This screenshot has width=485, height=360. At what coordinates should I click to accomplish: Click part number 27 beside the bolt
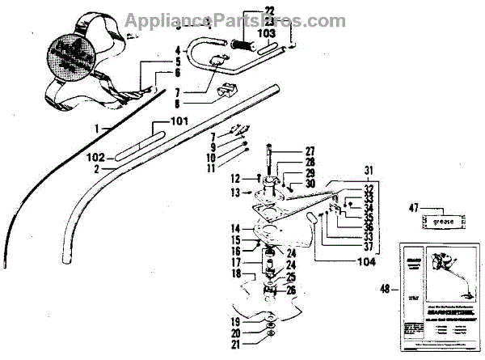(286, 152)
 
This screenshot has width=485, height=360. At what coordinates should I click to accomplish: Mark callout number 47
(415, 207)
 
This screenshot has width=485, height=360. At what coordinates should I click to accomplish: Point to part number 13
(234, 193)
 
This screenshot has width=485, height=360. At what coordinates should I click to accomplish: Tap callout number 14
(234, 228)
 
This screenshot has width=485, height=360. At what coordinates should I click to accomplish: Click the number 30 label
(287, 184)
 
